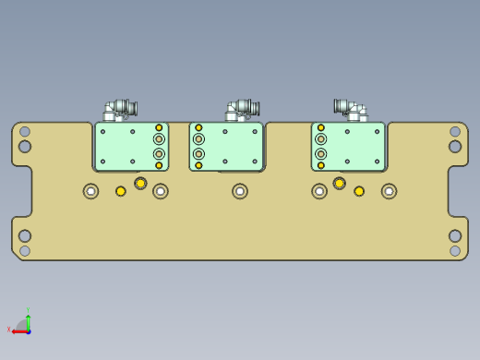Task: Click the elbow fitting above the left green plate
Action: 120,110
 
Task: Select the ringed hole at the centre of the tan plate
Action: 240,191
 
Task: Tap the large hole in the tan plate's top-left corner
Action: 25,146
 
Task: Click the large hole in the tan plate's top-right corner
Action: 455,146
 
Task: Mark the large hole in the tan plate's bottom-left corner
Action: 25,235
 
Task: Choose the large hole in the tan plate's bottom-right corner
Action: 455,235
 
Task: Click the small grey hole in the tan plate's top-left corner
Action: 25,131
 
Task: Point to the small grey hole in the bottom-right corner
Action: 455,250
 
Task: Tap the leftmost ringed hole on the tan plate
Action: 90,191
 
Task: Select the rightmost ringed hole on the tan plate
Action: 390,191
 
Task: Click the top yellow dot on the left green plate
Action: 159,128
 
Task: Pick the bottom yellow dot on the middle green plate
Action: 198,165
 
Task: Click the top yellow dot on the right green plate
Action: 321,128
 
